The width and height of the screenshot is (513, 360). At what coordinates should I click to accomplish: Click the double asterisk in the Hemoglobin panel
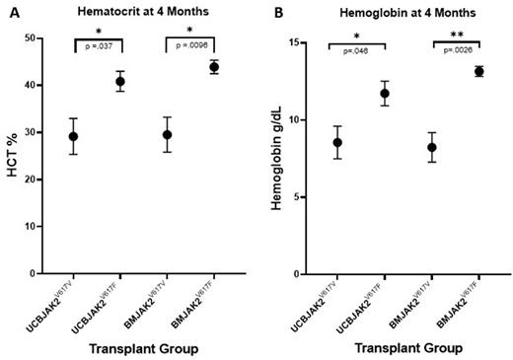(456, 38)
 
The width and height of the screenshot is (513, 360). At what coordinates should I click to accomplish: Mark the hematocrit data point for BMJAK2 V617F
(212, 67)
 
